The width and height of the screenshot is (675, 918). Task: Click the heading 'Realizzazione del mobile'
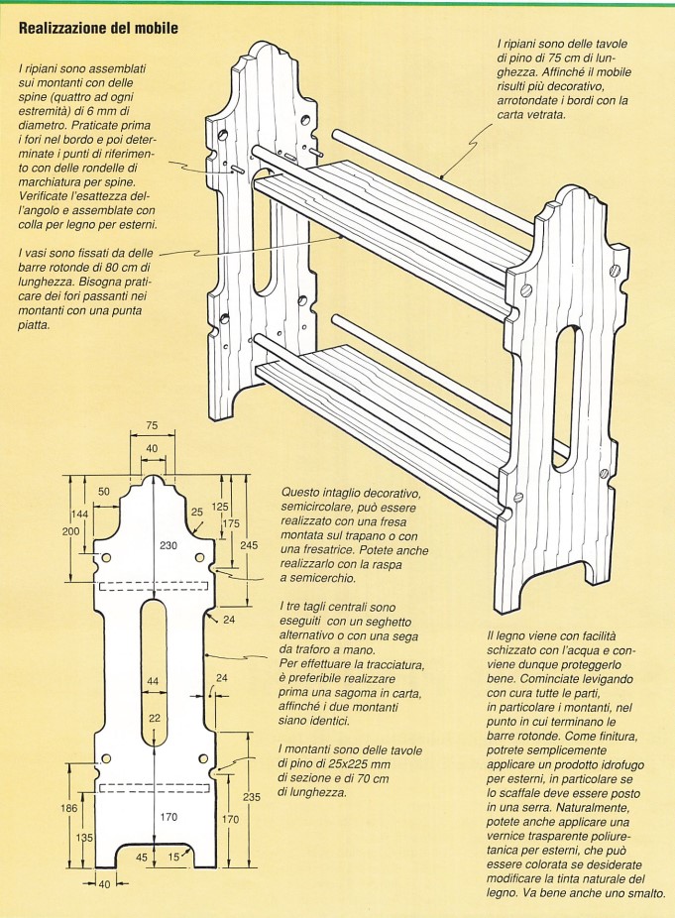[98, 28]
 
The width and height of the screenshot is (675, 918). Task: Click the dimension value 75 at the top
[152, 425]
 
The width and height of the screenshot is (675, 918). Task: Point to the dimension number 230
[169, 545]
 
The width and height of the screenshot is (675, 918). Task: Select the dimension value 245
[250, 545]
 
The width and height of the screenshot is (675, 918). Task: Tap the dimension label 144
[79, 514]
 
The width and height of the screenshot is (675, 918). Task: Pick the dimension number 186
[69, 809]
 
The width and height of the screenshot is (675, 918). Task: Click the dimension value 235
[251, 797]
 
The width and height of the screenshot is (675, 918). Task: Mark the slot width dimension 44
[153, 681]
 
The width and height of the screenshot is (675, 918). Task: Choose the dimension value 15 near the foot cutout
[173, 857]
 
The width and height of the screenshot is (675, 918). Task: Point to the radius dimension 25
[196, 512]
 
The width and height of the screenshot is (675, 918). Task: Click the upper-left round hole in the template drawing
[106, 558]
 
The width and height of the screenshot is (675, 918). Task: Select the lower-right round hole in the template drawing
[203, 758]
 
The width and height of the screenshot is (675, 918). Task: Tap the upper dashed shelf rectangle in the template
[154, 586]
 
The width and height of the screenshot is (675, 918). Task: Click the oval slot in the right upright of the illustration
[564, 399]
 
